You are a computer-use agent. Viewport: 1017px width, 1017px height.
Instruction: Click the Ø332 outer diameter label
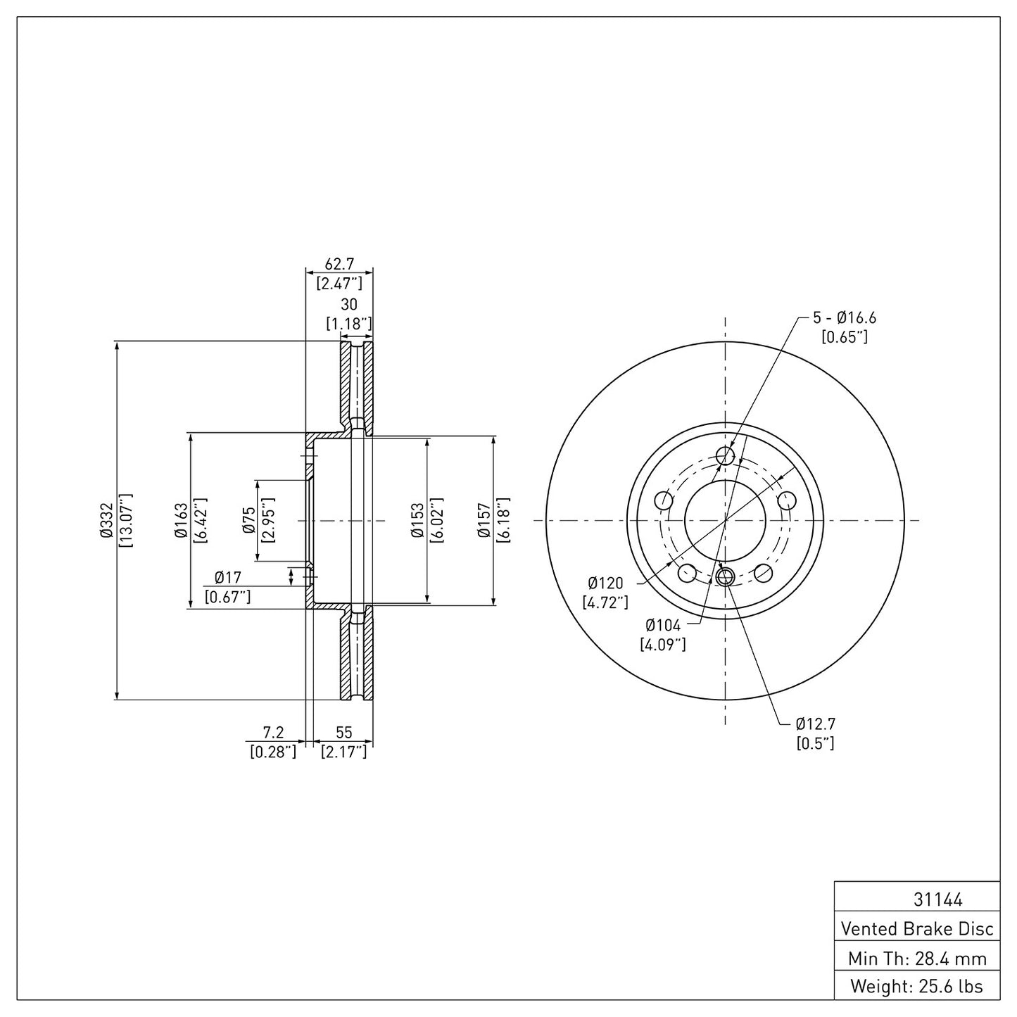click(x=106, y=521)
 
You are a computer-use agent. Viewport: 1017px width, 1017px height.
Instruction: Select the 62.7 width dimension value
click(x=339, y=264)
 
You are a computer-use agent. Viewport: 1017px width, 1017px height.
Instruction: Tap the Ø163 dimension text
click(x=181, y=521)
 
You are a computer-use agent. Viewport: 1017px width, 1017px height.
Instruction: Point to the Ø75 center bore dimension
click(x=248, y=521)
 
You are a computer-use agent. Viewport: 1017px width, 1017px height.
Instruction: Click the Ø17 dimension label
click(x=228, y=578)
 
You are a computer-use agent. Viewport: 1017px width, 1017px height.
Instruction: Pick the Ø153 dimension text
click(x=417, y=521)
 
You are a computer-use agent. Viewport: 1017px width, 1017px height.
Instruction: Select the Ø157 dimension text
click(x=484, y=521)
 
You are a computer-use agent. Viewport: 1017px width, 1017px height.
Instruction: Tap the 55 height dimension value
click(x=343, y=733)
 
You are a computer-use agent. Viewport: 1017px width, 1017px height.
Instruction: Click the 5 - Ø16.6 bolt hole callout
click(x=844, y=318)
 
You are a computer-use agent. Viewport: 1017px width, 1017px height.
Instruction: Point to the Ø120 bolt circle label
click(x=605, y=583)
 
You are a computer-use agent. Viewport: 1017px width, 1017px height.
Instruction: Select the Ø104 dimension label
click(x=663, y=625)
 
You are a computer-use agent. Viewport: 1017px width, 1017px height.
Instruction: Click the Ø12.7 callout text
click(x=815, y=724)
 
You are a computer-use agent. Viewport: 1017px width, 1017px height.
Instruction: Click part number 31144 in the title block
click(x=916, y=899)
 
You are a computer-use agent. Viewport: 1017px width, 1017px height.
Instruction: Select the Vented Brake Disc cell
click(x=916, y=929)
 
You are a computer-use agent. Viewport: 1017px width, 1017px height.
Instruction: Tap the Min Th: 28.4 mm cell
click(x=916, y=959)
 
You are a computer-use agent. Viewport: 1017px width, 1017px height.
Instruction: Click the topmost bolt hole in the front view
click(x=726, y=456)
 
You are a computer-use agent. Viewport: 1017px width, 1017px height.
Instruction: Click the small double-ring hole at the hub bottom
click(x=725, y=577)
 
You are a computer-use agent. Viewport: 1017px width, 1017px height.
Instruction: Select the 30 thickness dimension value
click(x=349, y=305)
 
